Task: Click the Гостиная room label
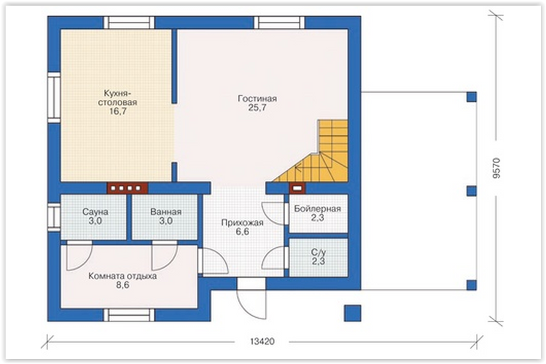[257, 99]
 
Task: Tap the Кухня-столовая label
[118, 97]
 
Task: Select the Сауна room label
[95, 212]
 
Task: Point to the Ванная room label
[166, 212]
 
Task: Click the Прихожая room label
[243, 223]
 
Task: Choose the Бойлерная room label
[317, 209]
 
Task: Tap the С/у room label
[318, 252]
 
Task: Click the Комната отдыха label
[123, 276]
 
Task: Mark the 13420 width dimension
[262, 342]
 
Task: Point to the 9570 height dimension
[497, 169]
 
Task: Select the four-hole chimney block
[128, 189]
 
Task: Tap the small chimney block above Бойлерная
[297, 189]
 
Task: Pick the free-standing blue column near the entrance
[353, 313]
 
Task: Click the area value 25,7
[257, 108]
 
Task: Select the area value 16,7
[118, 111]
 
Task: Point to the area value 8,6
[123, 285]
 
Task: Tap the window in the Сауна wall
[54, 217]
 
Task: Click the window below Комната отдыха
[129, 315]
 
